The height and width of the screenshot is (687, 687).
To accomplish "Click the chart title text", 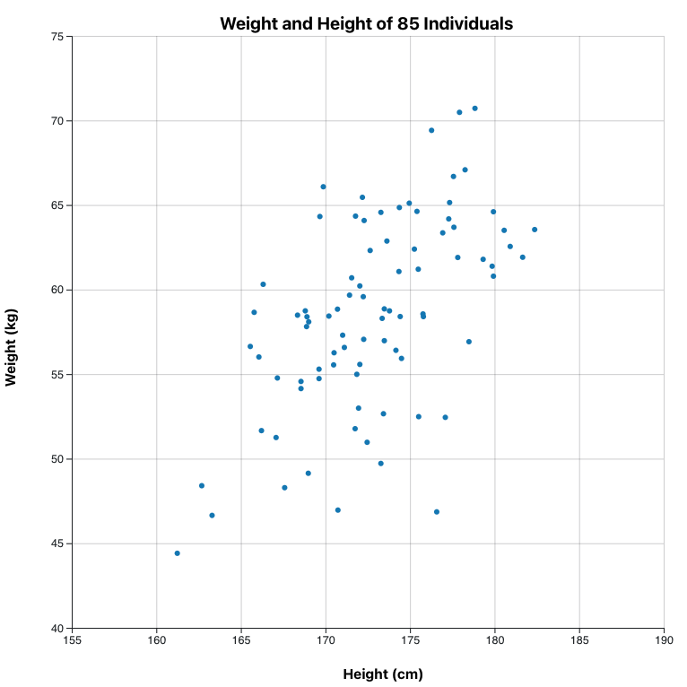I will [366, 24].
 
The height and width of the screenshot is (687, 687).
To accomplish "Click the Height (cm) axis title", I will [383, 674].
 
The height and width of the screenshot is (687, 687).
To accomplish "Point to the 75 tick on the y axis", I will [57, 37].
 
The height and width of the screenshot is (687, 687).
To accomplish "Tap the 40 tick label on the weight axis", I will [57, 628].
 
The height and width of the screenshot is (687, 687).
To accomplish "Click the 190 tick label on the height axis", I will [664, 641].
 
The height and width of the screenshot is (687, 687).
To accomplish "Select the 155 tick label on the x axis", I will [73, 641].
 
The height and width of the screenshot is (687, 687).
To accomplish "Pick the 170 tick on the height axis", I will [326, 641].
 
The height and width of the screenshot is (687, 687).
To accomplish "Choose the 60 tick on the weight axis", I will [57, 290].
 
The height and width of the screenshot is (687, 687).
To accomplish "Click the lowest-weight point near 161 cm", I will [177, 553].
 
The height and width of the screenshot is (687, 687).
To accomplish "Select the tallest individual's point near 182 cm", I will [535, 230].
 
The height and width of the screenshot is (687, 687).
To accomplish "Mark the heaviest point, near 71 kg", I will [474, 109].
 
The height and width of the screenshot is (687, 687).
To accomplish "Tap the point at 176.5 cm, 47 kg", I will [437, 512].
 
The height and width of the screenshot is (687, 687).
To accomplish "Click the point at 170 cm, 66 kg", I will [323, 187].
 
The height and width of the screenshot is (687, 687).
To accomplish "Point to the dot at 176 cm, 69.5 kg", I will [431, 130].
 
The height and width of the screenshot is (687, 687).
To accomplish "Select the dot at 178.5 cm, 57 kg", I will [468, 342].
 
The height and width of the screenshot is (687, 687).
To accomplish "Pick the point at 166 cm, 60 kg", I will [263, 284].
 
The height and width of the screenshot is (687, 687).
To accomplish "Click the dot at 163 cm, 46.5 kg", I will [212, 516].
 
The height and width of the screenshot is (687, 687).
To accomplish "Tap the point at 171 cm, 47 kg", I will [338, 510].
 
